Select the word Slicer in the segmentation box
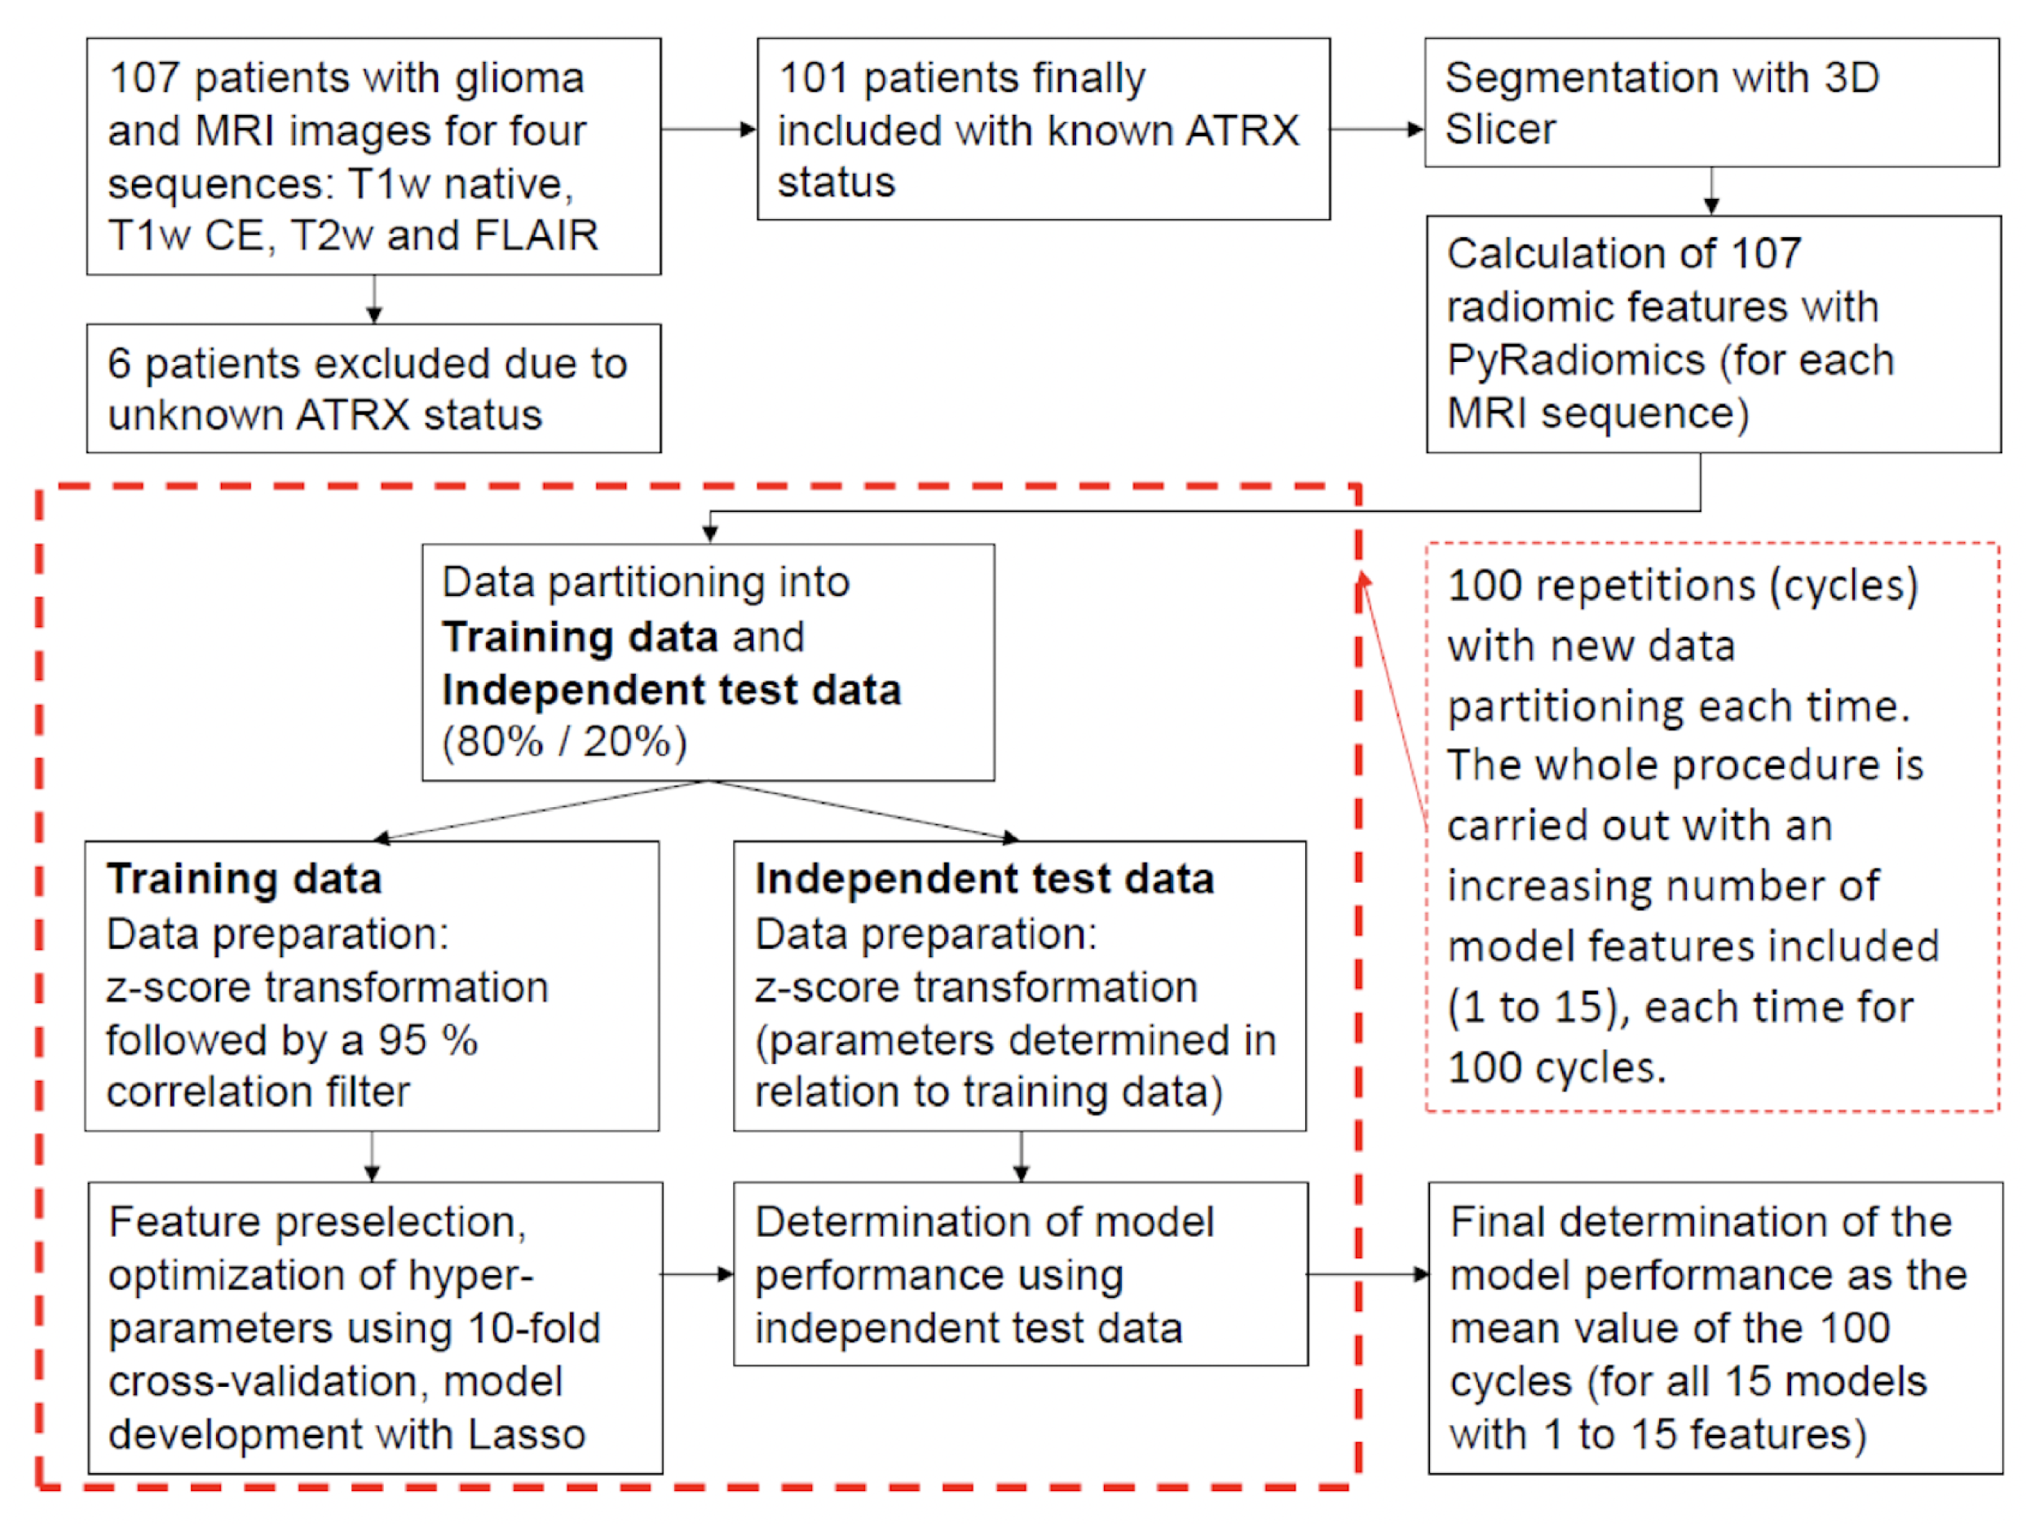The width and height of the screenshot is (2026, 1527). pos(1500,129)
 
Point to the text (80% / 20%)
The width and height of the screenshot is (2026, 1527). pos(564,741)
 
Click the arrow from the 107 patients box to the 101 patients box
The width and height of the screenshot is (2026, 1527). pos(708,129)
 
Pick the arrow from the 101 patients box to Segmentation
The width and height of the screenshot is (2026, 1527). pos(1376,129)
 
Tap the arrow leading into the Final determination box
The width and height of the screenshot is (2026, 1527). pos(1367,1274)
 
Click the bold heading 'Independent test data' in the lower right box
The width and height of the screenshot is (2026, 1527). pos(985,879)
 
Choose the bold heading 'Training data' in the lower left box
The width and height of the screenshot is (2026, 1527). pos(244,879)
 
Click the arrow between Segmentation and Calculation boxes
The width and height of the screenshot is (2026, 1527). pos(1711,191)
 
